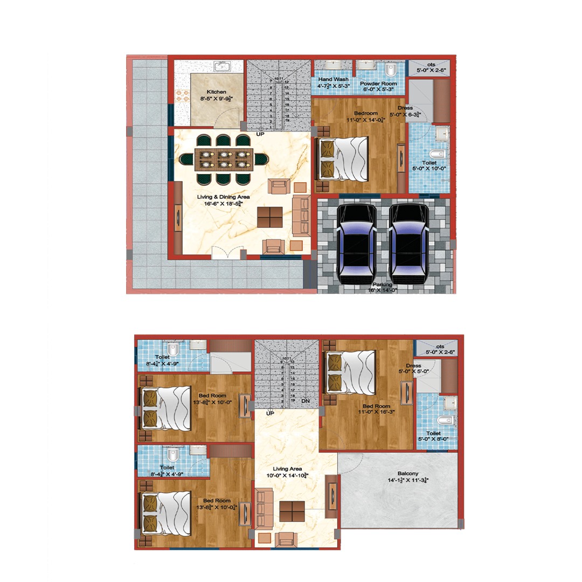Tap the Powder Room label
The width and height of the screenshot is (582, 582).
[378, 84]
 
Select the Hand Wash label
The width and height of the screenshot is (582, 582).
[334, 79]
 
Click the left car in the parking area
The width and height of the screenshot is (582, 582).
[356, 243]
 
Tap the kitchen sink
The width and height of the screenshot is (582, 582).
[221, 67]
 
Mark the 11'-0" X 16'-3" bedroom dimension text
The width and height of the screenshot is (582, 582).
[376, 413]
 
